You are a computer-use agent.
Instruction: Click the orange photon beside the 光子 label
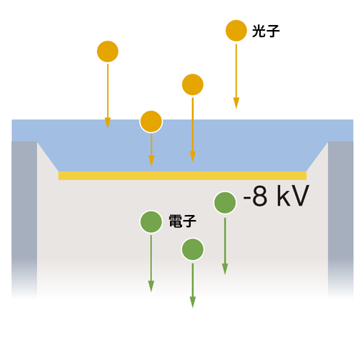[236, 31]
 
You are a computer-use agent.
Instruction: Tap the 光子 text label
[266, 31]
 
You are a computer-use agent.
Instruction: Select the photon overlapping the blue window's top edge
[151, 121]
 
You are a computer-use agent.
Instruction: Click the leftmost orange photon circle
[108, 51]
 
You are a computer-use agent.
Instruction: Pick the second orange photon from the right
[193, 84]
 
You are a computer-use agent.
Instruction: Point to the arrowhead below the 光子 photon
[236, 103]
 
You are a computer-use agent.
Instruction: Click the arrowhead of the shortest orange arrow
[151, 161]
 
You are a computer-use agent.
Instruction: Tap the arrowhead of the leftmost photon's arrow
[108, 123]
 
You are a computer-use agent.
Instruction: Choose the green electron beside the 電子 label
[151, 221]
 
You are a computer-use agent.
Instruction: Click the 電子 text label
[183, 221]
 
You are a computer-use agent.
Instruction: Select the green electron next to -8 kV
[225, 203]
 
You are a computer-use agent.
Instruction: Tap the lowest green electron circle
[193, 249]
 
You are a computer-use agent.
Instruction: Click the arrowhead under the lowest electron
[193, 302]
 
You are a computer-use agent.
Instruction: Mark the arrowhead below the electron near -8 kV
[225, 269]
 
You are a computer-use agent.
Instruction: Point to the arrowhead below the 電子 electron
[151, 286]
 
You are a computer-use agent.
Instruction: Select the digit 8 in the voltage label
[259, 196]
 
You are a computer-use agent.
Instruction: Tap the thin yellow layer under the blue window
[182, 176]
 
